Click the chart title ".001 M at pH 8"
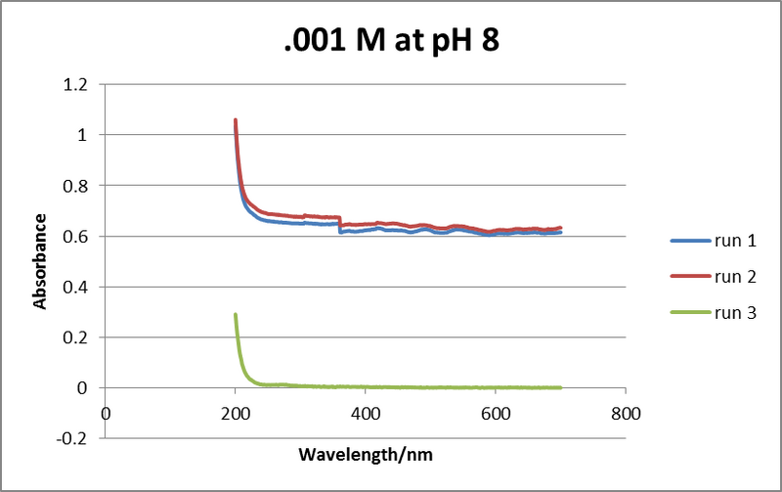pos(390,41)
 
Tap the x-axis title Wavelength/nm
pos(364,455)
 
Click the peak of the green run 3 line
pos(236,315)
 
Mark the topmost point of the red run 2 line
pos(236,120)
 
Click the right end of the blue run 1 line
pos(560,232)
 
